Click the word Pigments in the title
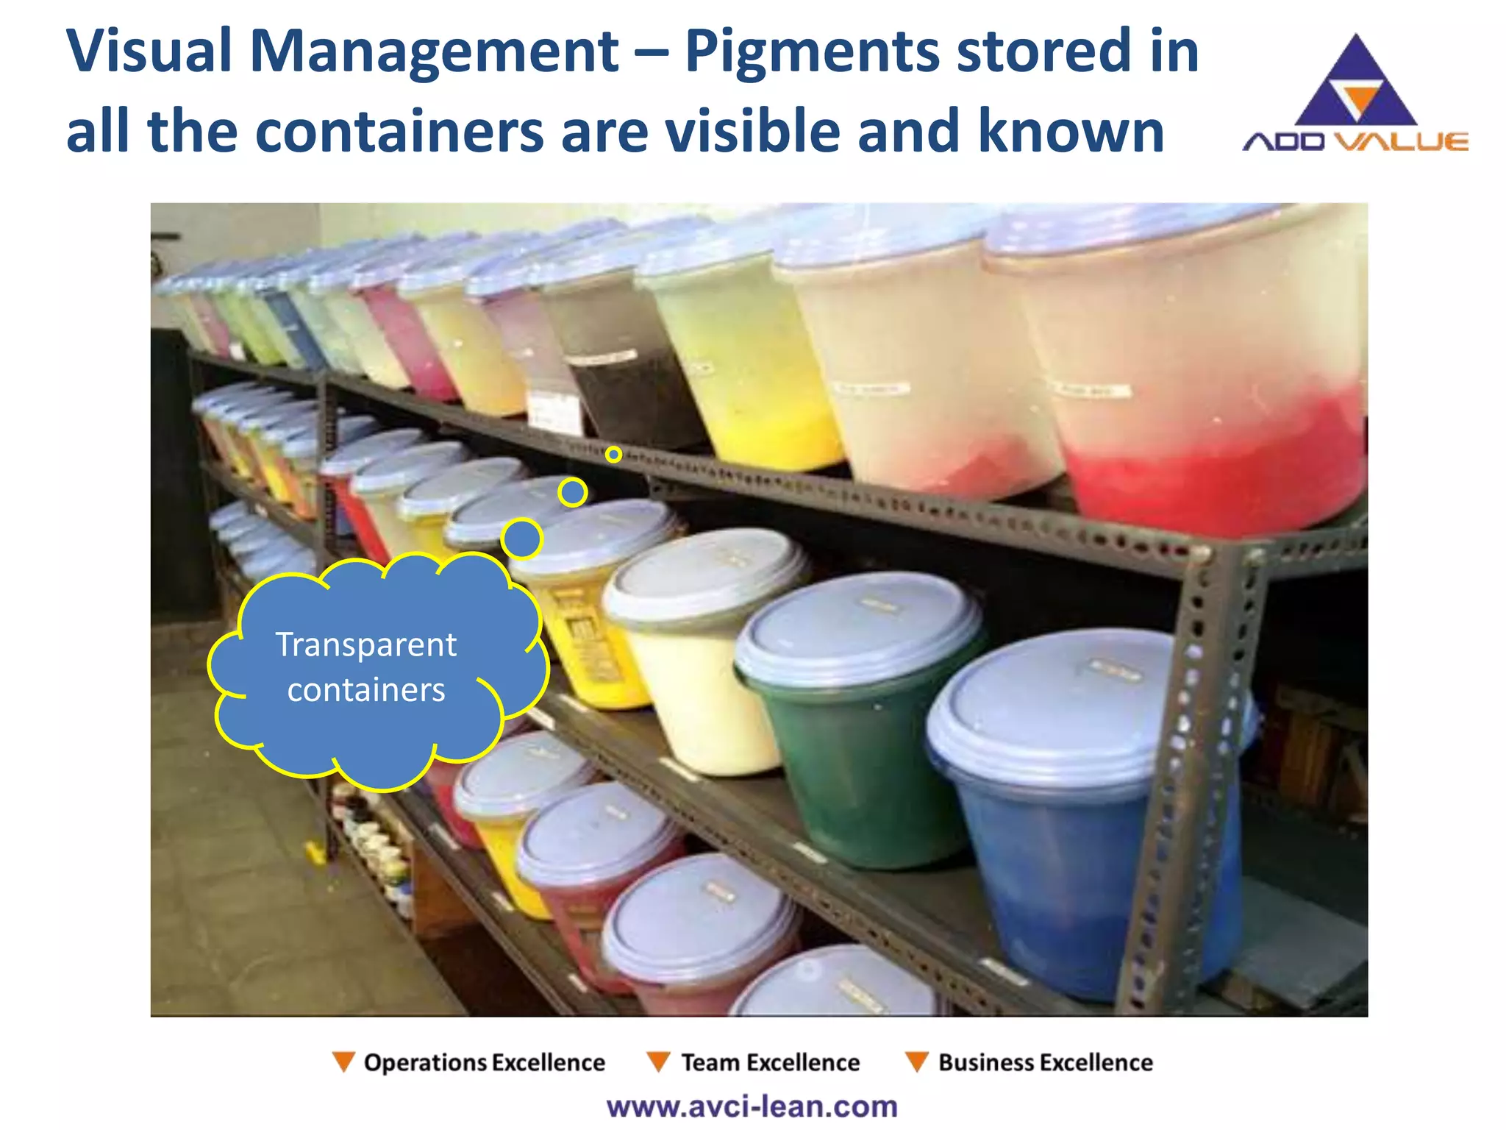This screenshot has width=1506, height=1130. click(x=812, y=51)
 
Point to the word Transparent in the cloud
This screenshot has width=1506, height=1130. click(x=365, y=644)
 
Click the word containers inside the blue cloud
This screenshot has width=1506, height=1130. click(x=365, y=690)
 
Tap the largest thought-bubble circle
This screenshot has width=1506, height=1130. click(x=521, y=539)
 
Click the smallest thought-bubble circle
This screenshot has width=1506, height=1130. click(x=613, y=455)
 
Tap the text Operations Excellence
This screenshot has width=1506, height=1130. click(x=484, y=1062)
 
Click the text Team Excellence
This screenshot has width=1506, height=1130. click(x=770, y=1062)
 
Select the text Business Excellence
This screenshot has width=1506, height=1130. click(x=1045, y=1062)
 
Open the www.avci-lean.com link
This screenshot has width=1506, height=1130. click(x=752, y=1106)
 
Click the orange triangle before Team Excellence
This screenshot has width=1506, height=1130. click(x=657, y=1062)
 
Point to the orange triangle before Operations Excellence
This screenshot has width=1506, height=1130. click(x=343, y=1062)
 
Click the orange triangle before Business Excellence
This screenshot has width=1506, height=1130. click(x=916, y=1062)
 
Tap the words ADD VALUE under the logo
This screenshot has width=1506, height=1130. click(x=1355, y=141)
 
